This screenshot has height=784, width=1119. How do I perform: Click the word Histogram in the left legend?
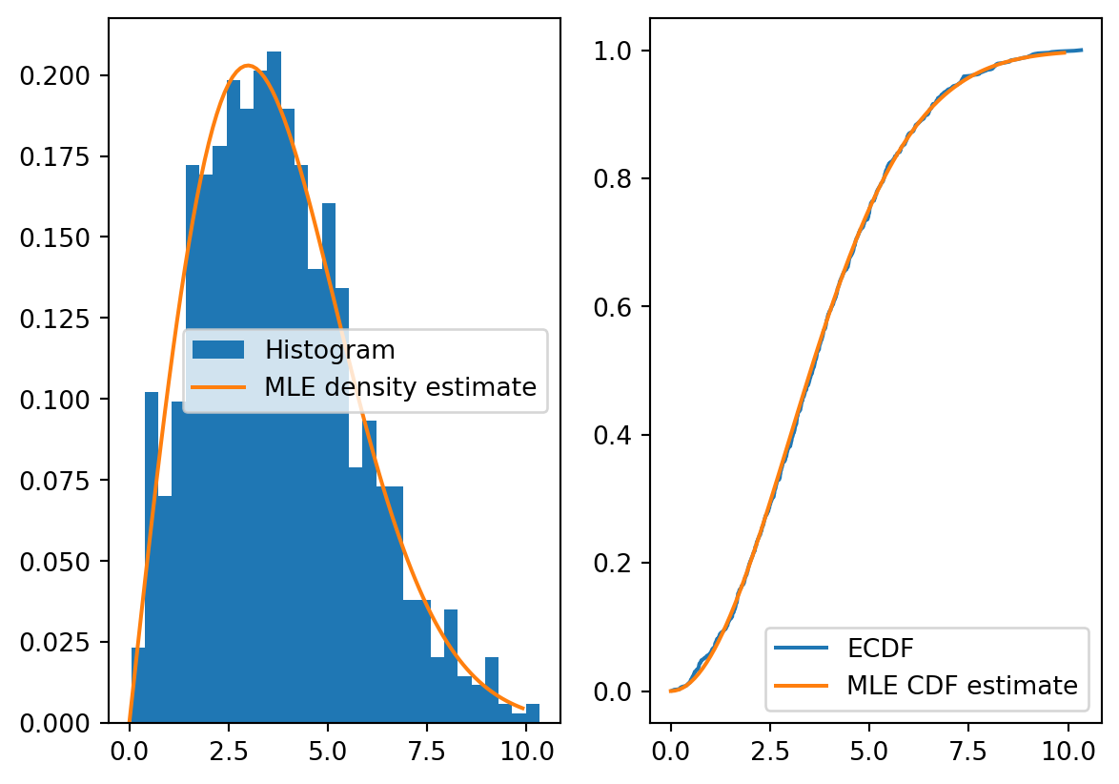[330, 350]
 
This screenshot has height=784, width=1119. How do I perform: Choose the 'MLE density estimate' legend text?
[400, 387]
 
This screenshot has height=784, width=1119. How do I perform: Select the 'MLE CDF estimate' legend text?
[962, 686]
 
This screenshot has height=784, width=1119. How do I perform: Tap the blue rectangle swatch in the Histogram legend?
[218, 350]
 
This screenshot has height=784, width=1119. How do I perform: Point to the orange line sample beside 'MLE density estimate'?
[218, 387]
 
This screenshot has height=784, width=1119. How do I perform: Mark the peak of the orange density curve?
[248, 66]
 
